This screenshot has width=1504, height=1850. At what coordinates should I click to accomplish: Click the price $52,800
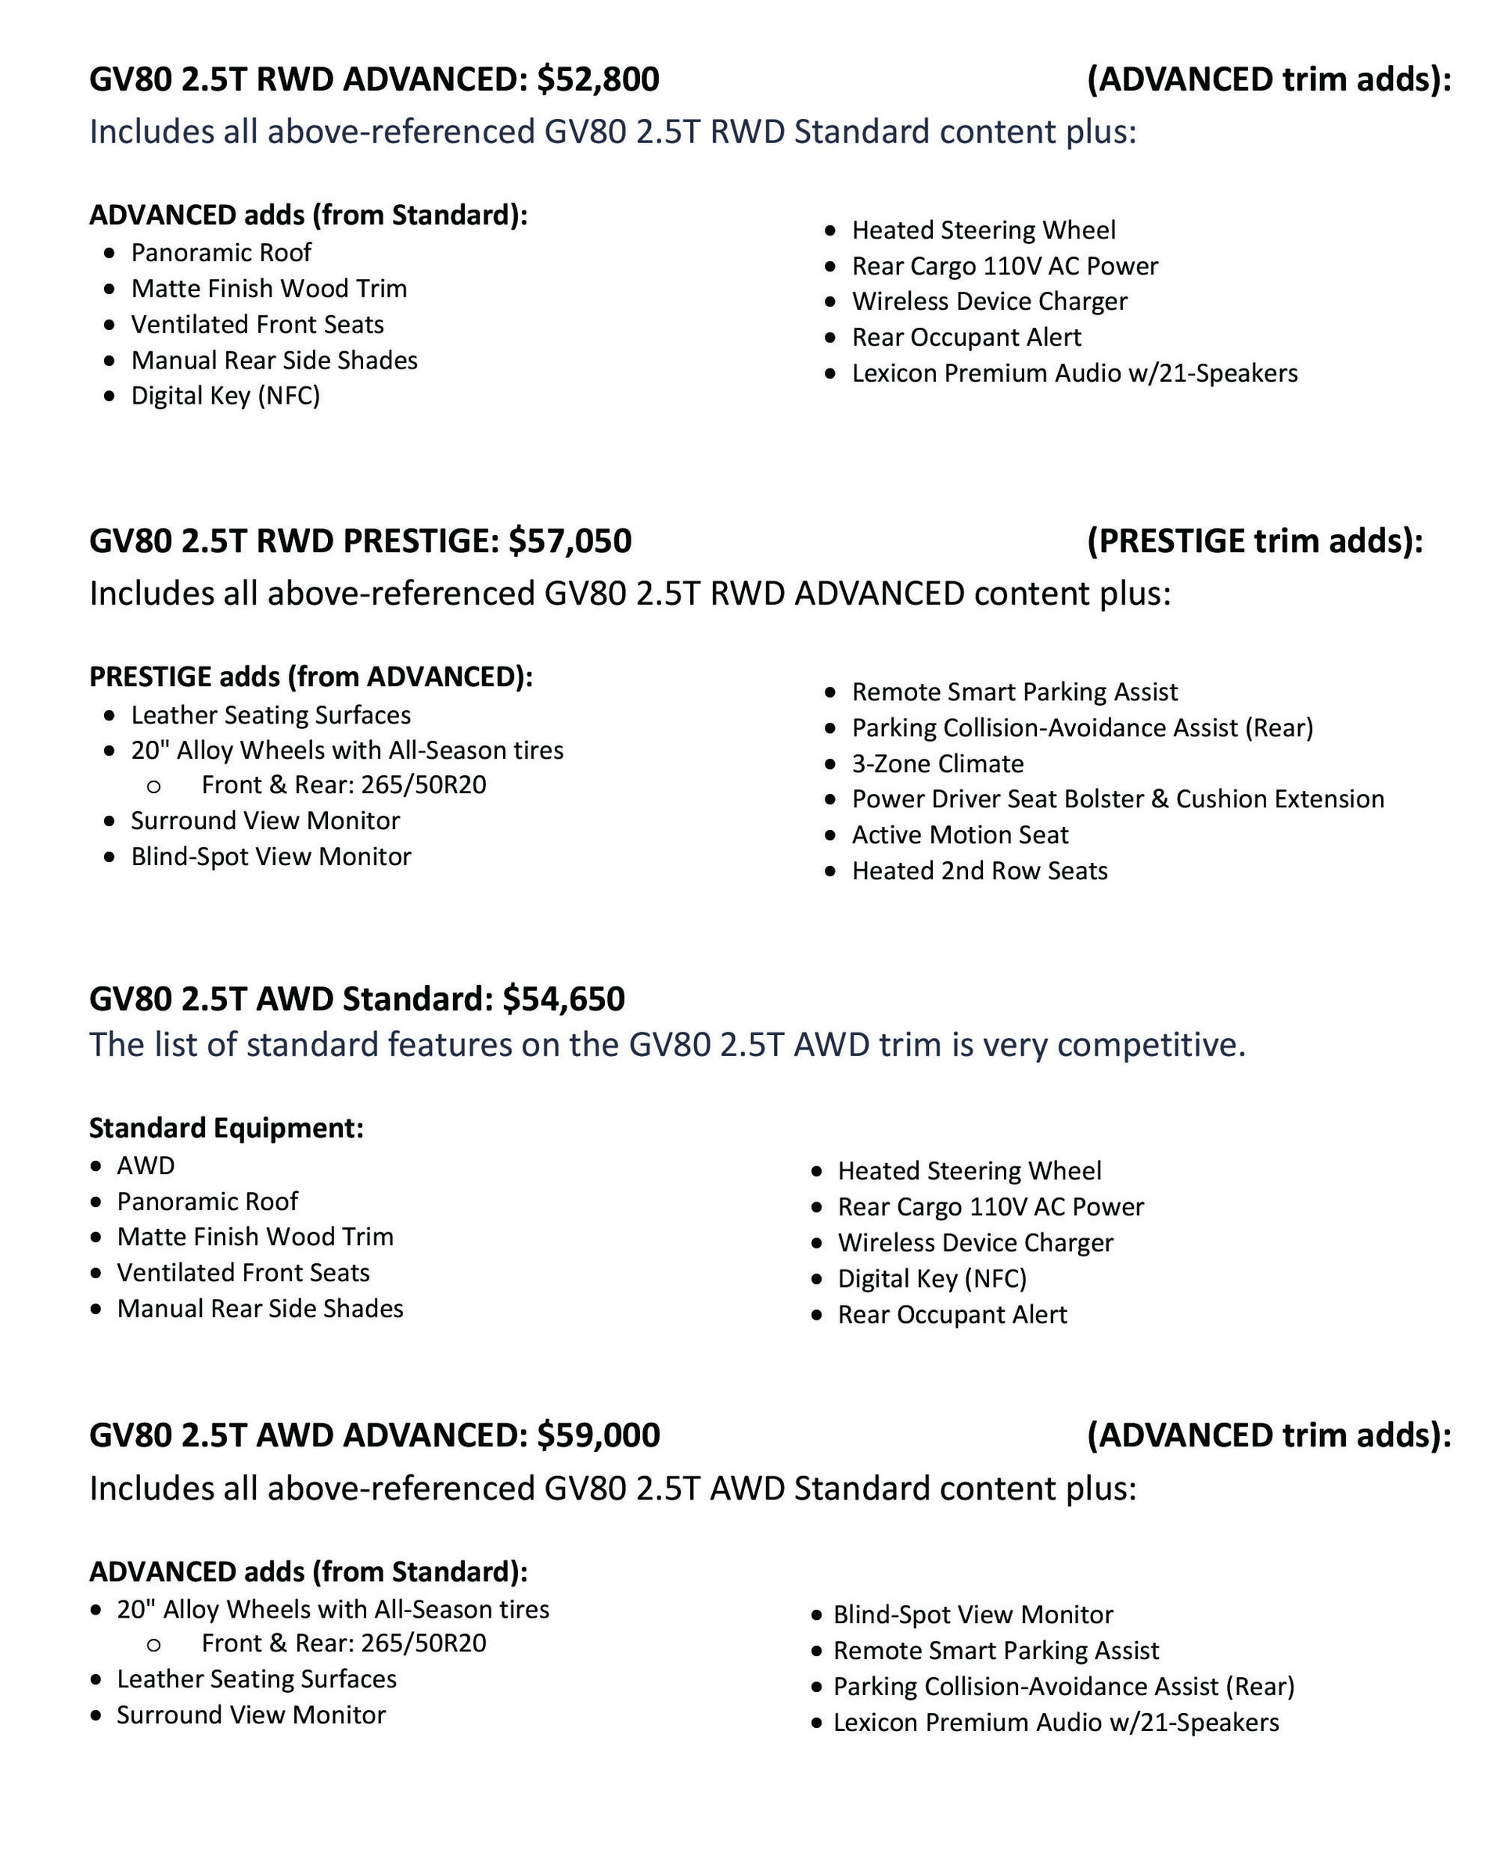598,80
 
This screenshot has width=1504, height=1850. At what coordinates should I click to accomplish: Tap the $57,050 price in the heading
570,541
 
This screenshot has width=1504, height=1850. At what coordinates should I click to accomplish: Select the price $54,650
563,999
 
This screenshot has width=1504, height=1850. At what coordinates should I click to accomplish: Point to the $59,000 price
598,1435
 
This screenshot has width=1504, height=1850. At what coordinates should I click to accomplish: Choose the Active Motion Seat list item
960,835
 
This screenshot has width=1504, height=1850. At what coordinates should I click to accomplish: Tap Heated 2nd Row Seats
979,871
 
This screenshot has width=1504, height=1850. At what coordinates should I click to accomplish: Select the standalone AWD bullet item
146,1166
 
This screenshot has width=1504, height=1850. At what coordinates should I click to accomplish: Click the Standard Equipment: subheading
226,1128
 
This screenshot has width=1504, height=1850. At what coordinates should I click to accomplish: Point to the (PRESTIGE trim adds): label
1254,541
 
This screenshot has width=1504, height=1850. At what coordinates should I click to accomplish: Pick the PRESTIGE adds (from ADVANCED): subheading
311,677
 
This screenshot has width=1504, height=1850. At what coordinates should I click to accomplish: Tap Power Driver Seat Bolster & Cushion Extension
1117,799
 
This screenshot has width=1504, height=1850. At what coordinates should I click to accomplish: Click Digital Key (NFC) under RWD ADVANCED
225,396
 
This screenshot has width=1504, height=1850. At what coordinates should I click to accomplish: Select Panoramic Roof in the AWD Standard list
207,1202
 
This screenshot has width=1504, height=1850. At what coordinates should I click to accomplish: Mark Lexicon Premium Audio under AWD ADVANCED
1055,1722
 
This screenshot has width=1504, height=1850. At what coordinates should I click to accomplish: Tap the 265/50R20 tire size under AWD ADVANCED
423,1643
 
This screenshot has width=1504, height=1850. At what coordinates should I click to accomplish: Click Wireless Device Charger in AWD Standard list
975,1243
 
